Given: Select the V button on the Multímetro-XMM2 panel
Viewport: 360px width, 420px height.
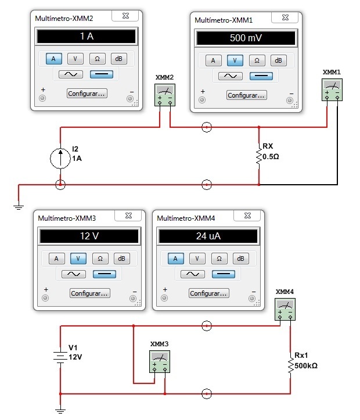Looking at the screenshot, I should point(75,59).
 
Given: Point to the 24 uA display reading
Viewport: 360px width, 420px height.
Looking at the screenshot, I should point(208,236).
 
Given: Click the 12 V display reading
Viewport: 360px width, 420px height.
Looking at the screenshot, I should point(89,236).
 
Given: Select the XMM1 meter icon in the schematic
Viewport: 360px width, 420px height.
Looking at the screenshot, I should point(332,89).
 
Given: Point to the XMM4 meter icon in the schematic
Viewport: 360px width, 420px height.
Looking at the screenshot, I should point(285,308).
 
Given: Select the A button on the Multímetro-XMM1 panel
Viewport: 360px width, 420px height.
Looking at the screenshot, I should point(213,60).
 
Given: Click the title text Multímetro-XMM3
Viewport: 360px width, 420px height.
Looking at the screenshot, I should point(66,218).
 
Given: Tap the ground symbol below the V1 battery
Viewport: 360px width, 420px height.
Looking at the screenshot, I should point(60,410).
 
